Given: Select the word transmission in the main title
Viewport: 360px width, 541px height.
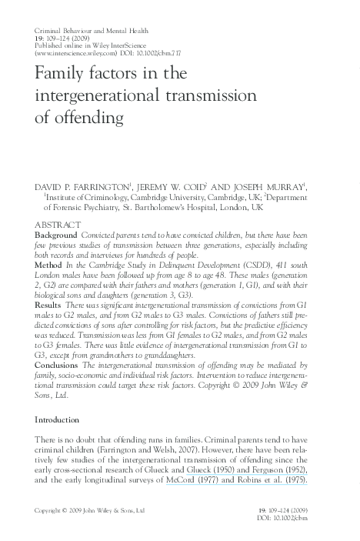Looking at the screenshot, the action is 211,97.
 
